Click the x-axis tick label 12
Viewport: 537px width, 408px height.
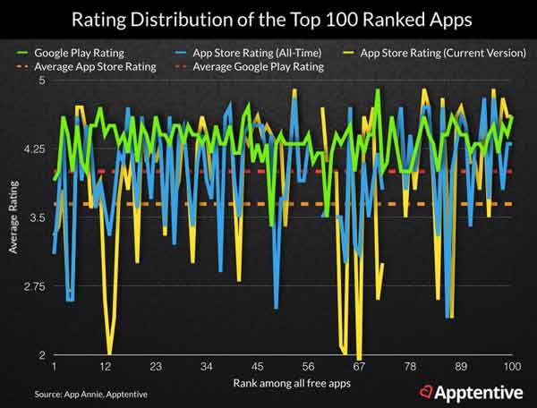tap(106, 368)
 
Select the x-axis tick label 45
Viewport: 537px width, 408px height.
tap(257, 368)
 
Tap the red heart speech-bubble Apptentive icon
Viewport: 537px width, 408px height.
tap(427, 390)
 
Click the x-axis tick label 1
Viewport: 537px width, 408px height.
tap(55, 368)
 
